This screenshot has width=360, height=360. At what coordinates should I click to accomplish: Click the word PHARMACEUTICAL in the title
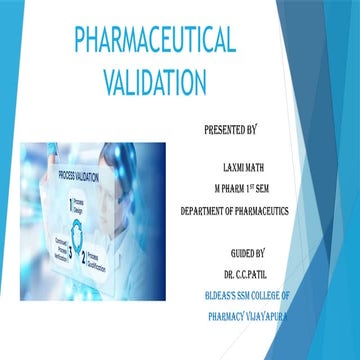coord(155,41)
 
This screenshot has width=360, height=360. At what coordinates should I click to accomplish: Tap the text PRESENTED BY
coord(230,130)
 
